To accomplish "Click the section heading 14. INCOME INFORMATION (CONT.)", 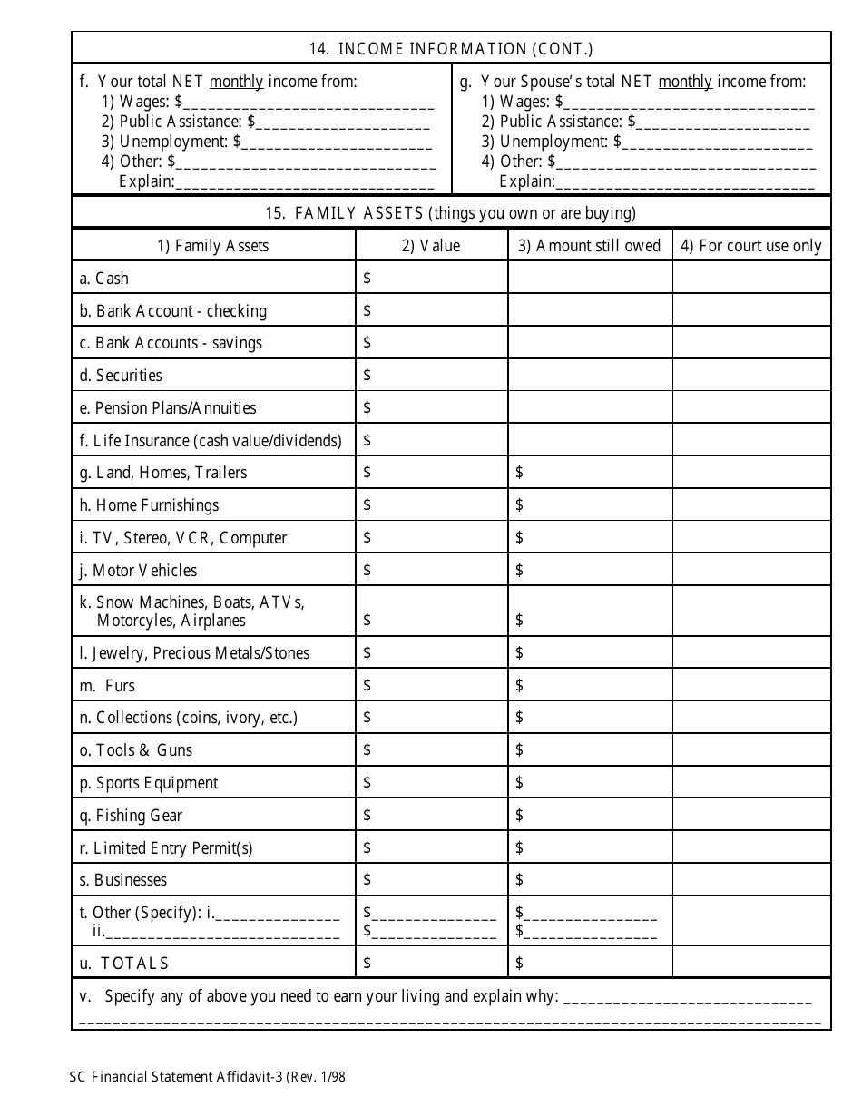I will (451, 49).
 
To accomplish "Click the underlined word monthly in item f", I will (236, 82).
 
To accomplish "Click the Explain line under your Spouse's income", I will (685, 182).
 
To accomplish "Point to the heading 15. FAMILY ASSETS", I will (451, 213).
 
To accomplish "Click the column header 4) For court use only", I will (751, 246).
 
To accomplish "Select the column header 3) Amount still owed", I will (590, 246).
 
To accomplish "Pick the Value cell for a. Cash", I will (431, 279).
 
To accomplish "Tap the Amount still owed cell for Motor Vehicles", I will (590, 571).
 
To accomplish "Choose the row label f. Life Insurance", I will (211, 441).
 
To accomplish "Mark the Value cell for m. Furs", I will (431, 686).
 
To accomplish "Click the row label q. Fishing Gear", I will (131, 816).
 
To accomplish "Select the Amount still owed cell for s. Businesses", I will (590, 880).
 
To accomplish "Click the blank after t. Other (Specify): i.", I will (278, 914).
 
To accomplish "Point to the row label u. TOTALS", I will (124, 964).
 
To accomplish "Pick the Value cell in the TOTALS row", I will (431, 964).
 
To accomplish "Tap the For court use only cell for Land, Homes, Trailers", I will (751, 473).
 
